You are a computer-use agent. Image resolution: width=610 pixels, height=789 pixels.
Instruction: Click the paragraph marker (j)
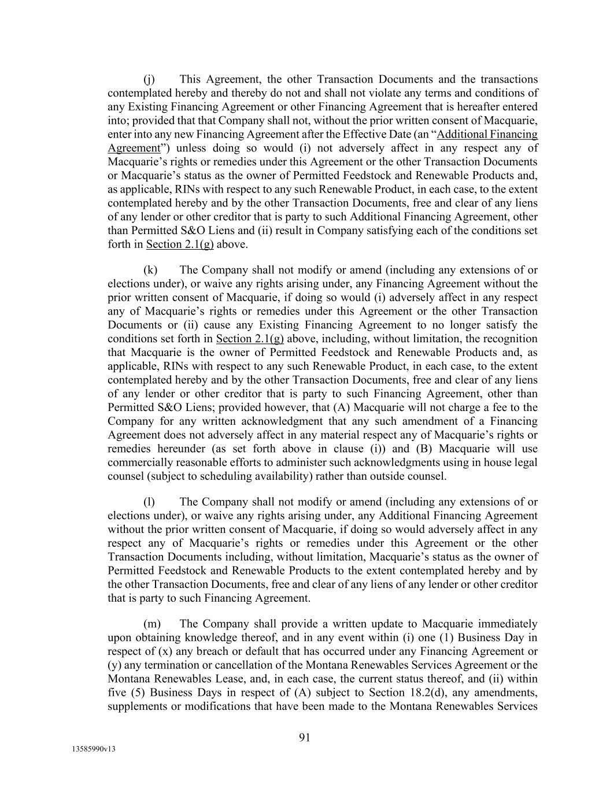pyautogui.click(x=149, y=79)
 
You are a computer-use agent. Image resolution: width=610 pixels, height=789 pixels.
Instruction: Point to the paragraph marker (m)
pyautogui.click(x=151, y=624)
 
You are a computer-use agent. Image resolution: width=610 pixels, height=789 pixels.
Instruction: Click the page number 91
pyautogui.click(x=305, y=737)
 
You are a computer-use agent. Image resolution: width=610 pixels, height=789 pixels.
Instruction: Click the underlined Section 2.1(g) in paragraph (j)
pyautogui.click(x=180, y=245)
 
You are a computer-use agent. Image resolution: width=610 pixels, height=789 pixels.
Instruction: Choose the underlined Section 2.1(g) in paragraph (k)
pyautogui.click(x=250, y=339)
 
